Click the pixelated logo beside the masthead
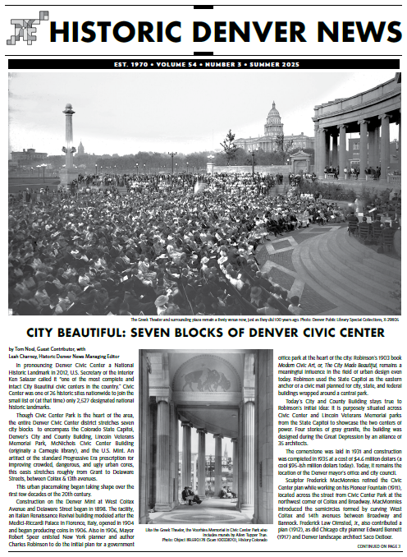pyautogui.click(x=24, y=31)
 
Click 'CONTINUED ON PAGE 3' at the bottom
pyautogui.click(x=369, y=545)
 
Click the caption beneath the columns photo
pyautogui.click(x=205, y=536)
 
